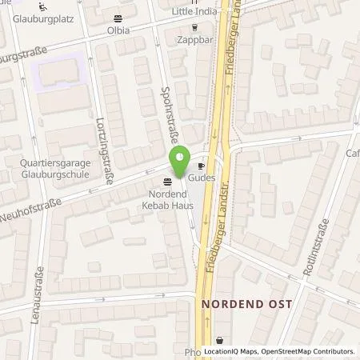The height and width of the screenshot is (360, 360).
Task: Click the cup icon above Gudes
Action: [x=202, y=166]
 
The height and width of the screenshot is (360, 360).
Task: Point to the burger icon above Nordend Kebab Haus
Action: [x=166, y=179]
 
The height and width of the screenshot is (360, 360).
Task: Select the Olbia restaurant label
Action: [x=119, y=29]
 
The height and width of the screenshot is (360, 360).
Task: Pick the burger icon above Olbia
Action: [x=119, y=18]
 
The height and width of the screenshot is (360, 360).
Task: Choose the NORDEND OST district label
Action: [x=246, y=304]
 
